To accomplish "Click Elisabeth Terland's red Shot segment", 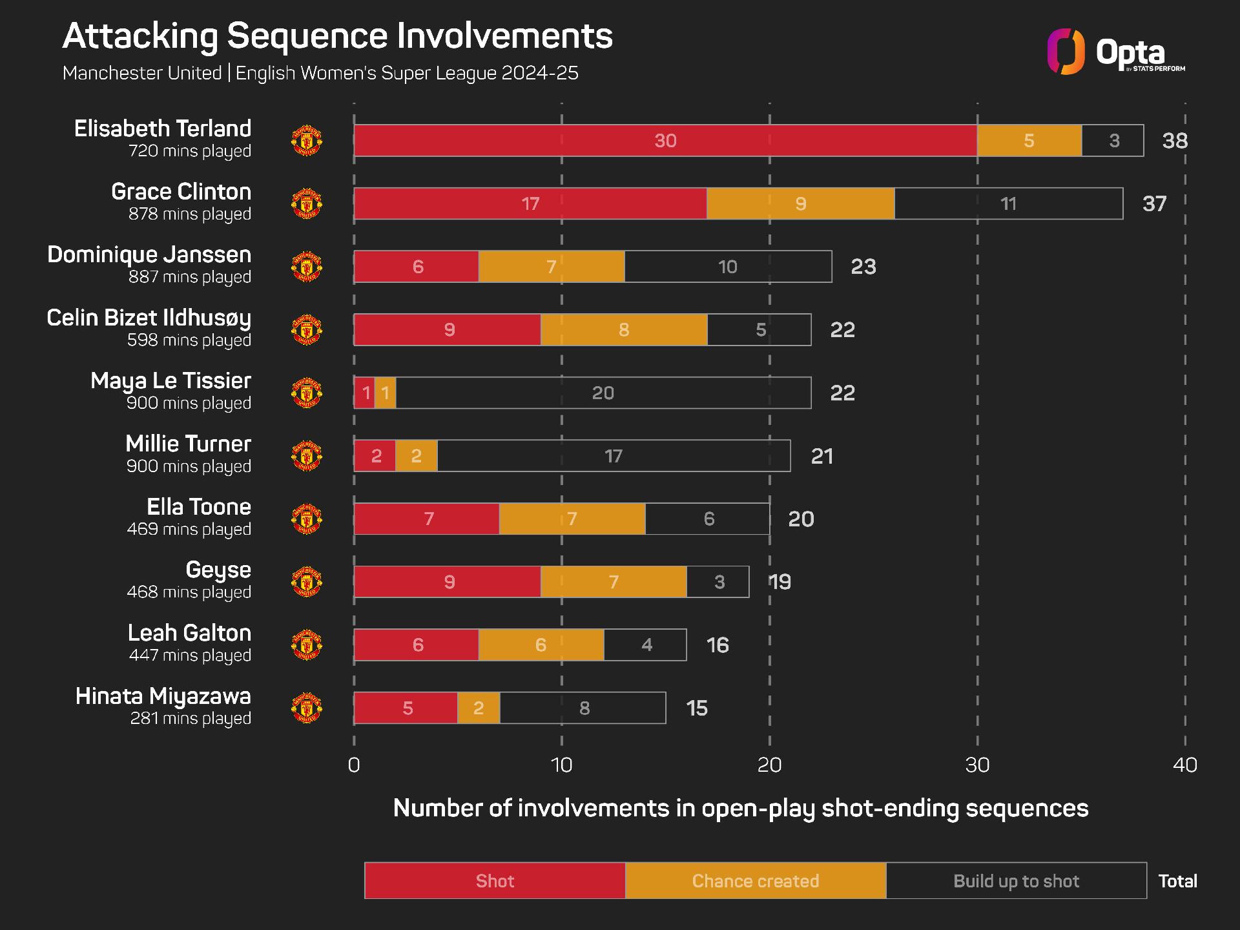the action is coord(665,141).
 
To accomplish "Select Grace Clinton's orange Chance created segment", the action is coord(801,203).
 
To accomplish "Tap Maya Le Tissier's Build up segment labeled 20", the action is coord(603,393).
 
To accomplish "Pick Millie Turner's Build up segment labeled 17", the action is coord(614,456).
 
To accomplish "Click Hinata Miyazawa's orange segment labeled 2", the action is coord(479,708).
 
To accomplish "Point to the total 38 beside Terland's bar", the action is coord(1175,141).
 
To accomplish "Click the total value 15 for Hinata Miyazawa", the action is coord(697,708).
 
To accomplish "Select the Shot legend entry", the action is coord(495,881).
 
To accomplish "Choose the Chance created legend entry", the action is coord(756,881).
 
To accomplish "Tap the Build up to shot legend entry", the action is coord(1017,881).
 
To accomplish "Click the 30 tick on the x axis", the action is coord(977,765).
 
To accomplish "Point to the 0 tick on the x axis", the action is coord(354,765).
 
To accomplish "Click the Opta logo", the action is coord(1116,52).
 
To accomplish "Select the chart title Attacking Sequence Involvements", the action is coord(338,36).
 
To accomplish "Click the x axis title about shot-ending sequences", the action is coord(741,809).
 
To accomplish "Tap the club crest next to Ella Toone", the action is coord(307,519).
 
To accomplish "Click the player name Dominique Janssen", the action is coord(149,255).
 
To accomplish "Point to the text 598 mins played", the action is coord(189,340).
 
